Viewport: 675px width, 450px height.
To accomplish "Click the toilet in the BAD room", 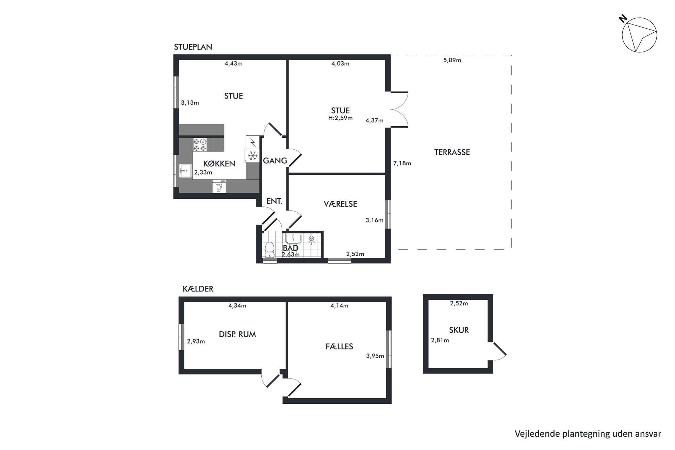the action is (x=270, y=250).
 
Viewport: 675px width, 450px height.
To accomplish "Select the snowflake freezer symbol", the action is (x=252, y=156).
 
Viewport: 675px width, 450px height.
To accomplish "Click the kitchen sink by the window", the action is (x=185, y=170).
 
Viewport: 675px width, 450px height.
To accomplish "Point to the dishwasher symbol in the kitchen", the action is (x=219, y=186).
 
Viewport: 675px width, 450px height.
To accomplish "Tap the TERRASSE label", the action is (x=452, y=152).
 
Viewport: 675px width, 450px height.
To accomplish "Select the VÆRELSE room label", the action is (x=340, y=204).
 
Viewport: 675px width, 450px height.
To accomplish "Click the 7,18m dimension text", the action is (x=402, y=163).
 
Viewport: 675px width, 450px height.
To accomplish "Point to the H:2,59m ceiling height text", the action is (x=340, y=118).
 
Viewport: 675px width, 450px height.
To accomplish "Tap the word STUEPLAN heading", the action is (x=193, y=47).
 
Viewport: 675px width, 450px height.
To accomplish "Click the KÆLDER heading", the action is (x=198, y=289).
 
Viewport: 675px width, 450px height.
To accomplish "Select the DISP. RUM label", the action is (x=237, y=334).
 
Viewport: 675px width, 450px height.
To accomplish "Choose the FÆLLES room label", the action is (x=339, y=346).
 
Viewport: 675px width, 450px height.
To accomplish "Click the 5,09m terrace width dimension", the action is (x=452, y=60).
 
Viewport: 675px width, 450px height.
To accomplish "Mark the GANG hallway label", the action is (x=275, y=161).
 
